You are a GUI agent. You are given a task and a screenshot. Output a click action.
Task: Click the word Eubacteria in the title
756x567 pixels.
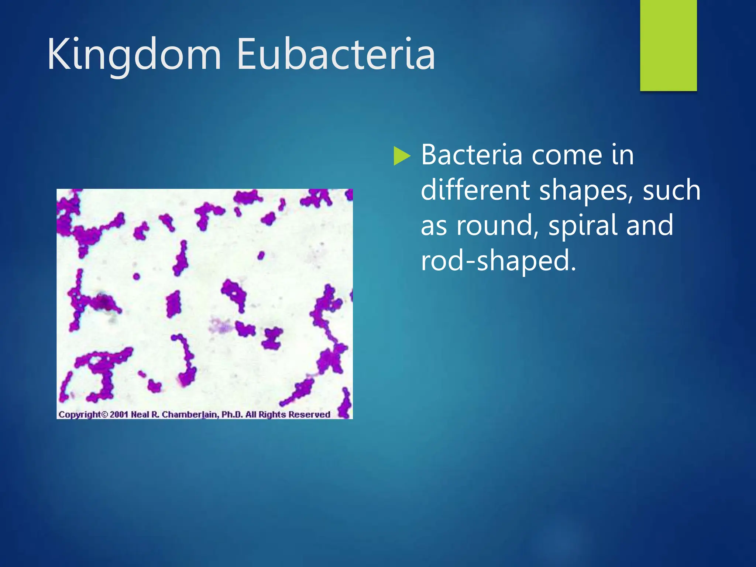(x=336, y=55)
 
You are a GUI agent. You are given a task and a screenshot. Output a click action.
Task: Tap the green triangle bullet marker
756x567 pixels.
(x=402, y=156)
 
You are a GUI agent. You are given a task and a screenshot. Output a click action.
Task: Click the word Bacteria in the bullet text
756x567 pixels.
(x=471, y=155)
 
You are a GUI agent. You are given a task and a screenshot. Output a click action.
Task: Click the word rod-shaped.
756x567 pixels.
(x=498, y=261)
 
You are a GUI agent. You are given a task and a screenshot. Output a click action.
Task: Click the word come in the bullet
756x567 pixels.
(x=566, y=156)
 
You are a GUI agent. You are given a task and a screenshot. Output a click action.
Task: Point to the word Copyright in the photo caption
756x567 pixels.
(x=79, y=415)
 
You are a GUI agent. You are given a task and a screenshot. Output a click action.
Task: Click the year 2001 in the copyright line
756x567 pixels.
(x=118, y=415)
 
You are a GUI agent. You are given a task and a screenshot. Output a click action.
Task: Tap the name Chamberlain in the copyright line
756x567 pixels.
(x=190, y=415)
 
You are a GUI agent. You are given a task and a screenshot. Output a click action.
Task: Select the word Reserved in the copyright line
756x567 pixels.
(x=309, y=415)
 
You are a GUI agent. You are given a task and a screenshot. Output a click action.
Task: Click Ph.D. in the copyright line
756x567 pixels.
(x=232, y=415)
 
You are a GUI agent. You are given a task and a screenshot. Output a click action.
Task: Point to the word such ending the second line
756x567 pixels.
(x=671, y=190)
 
